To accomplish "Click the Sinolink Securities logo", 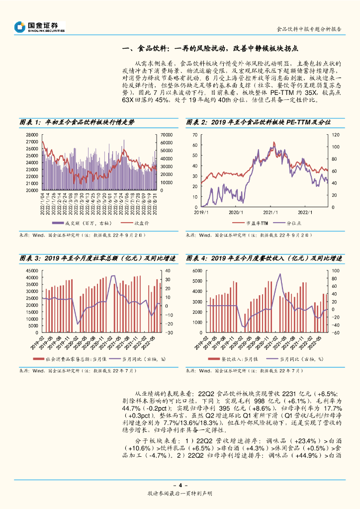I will tap(40, 27).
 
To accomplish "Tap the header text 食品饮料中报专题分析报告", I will tap(309, 29).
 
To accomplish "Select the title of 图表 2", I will tap(258, 122).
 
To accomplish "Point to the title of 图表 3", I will tap(97, 258).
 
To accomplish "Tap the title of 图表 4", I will tap(264, 258).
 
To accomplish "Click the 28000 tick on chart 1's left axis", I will tap(31, 135).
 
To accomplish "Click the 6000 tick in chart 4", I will tap(197, 271).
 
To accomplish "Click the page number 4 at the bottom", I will tap(180, 485).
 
